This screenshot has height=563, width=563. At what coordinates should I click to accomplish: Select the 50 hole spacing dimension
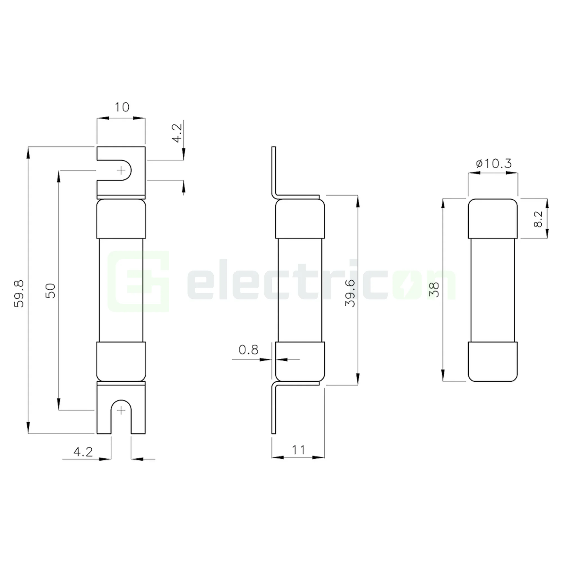pos(51,291)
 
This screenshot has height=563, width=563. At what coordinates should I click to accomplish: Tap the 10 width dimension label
pos(122,107)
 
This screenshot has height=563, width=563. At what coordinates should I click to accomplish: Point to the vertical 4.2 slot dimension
pos(177,133)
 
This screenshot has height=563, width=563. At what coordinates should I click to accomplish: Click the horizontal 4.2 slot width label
pos(83,452)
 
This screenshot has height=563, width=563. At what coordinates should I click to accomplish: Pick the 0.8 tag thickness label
pos(248,350)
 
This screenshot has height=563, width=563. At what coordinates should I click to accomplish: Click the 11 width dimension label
pos(298,450)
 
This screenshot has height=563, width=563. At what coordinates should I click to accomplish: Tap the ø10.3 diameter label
pos(494,164)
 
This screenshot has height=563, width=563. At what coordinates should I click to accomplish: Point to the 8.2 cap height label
pos(538,219)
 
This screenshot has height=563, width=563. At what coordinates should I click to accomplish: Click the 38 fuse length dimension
pos(434,290)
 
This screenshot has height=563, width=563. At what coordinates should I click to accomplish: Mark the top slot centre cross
pos(121,171)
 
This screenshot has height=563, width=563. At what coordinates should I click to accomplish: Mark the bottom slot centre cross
pos(121,411)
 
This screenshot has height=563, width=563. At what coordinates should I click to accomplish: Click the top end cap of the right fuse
pos(493,218)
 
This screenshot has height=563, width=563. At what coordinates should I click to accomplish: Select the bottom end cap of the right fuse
pos(493,361)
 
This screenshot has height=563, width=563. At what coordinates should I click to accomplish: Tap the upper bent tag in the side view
pos(274,172)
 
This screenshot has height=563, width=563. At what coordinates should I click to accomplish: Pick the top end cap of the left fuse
pos(121,218)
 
